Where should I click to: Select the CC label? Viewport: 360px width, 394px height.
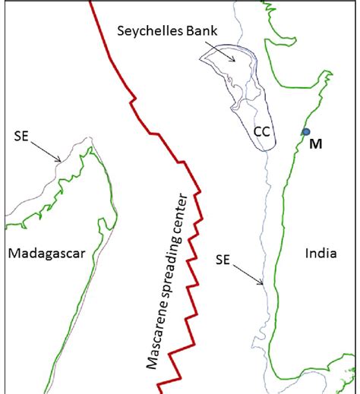[x=261, y=131]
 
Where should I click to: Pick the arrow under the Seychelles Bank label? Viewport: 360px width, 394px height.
[x=224, y=51]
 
